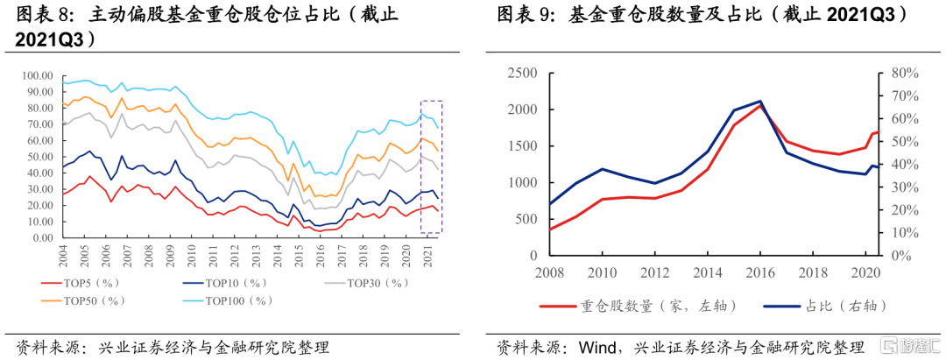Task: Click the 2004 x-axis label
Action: pos(63,257)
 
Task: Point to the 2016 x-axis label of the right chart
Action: pos(759,272)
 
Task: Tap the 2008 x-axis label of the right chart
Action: pos(550,272)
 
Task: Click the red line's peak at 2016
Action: pos(759,106)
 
